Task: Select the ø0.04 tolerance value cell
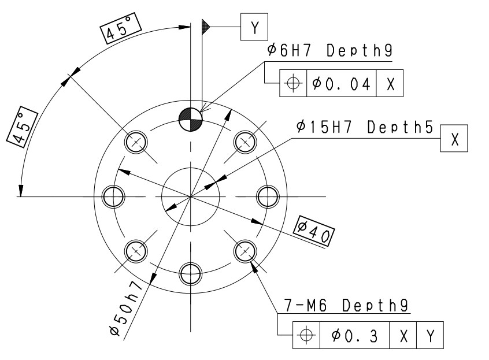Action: [340, 83]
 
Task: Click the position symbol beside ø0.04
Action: [294, 83]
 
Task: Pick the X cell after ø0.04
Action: [390, 83]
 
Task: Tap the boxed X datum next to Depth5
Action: [454, 139]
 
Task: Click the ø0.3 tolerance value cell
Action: [355, 335]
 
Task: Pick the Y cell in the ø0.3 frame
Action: [430, 335]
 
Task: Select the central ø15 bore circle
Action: [191, 196]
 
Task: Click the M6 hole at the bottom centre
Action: [191, 273]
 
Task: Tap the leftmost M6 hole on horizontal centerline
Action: [114, 196]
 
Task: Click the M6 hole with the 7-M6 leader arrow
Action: [244, 250]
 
